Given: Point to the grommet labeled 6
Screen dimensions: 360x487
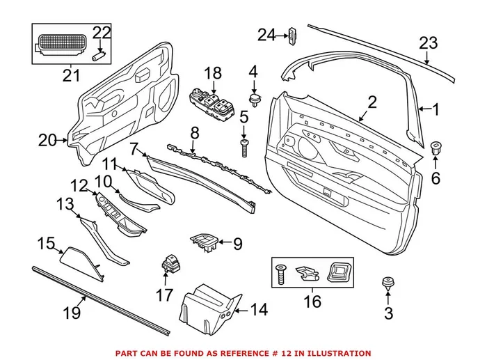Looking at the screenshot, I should coord(436,148).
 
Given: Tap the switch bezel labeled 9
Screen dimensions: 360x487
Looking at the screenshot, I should coord(204,244).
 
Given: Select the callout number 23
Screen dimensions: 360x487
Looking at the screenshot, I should coord(428,44).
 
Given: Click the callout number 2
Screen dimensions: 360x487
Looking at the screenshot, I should coord(372,103).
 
